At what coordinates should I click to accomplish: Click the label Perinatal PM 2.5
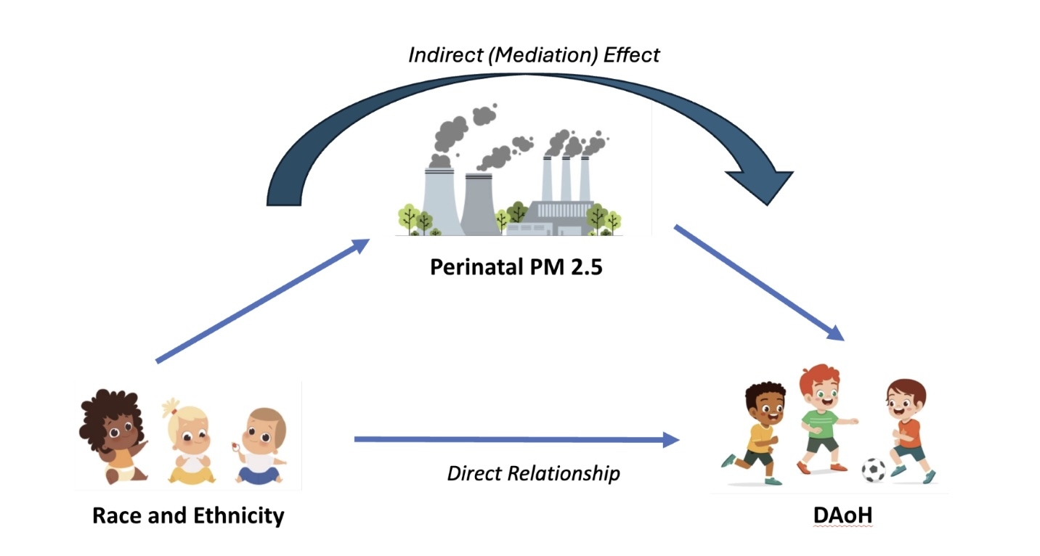click(x=516, y=267)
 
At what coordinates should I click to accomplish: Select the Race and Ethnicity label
click(x=188, y=515)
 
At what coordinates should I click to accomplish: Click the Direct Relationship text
click(x=533, y=473)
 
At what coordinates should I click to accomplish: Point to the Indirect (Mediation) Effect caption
click(x=534, y=55)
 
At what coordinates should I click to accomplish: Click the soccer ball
click(x=874, y=470)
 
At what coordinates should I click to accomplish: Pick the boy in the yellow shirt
click(x=756, y=431)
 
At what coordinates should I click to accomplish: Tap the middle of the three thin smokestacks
click(x=566, y=179)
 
